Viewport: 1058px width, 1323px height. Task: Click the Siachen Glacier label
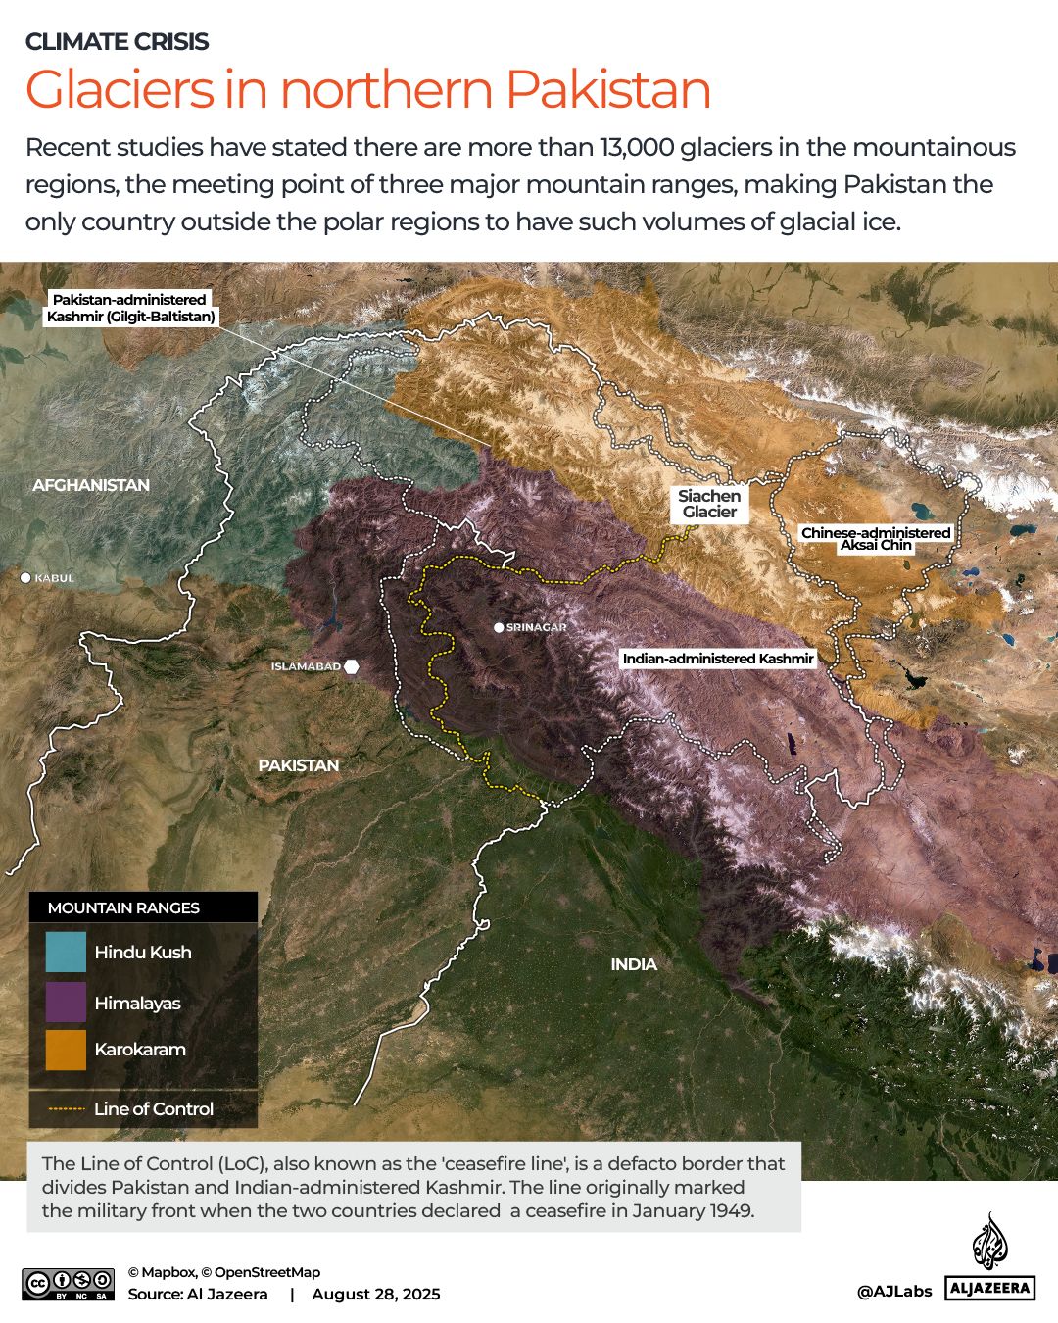709,504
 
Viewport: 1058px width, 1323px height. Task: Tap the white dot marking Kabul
26,578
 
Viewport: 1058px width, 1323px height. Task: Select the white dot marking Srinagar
499,627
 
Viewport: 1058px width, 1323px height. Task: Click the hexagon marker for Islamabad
352,666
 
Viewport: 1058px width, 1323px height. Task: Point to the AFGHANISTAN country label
91,485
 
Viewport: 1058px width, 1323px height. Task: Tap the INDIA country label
634,964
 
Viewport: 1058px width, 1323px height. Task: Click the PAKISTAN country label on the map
299,765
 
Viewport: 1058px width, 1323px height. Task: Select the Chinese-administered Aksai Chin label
876,539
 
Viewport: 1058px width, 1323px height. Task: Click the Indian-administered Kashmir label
718,659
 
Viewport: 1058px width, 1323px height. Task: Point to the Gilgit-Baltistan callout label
130,308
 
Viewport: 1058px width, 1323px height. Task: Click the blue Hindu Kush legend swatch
66,952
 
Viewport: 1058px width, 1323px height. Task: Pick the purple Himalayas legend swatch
66,1002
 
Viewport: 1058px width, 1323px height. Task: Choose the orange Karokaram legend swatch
66,1050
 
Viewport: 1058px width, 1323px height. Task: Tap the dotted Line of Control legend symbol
66,1109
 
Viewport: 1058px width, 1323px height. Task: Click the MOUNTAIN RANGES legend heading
123,908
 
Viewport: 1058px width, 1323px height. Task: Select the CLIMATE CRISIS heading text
117,41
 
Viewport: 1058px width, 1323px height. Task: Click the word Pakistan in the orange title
608,90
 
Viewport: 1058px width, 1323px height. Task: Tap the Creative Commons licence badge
69,1284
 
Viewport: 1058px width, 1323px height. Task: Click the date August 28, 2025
376,1294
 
